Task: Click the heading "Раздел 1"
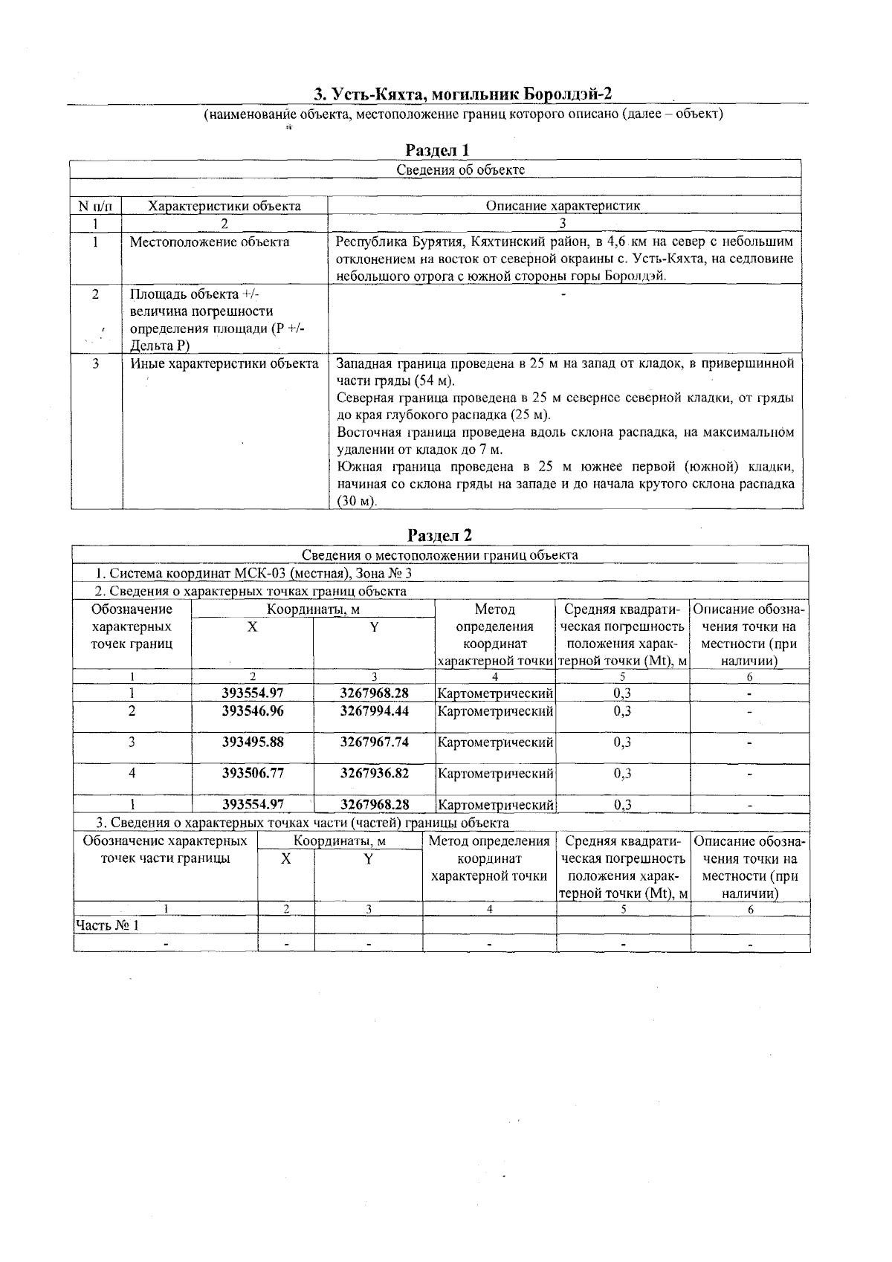point(438,150)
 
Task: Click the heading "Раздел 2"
point(440,535)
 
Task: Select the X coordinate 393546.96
point(253,711)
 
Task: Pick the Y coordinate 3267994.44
point(374,711)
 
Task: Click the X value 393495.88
point(253,742)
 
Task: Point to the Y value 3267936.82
point(374,773)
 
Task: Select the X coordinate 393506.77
point(253,773)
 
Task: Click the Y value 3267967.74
point(374,742)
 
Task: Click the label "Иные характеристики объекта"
point(224,364)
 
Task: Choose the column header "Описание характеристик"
point(563,206)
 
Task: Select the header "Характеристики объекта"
point(224,206)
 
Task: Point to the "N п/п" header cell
point(95,206)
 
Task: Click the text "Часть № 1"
point(107,925)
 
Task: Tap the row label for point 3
point(132,742)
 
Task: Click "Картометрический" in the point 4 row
point(495,774)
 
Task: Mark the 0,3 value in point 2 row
point(622,711)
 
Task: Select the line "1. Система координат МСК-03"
point(253,574)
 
